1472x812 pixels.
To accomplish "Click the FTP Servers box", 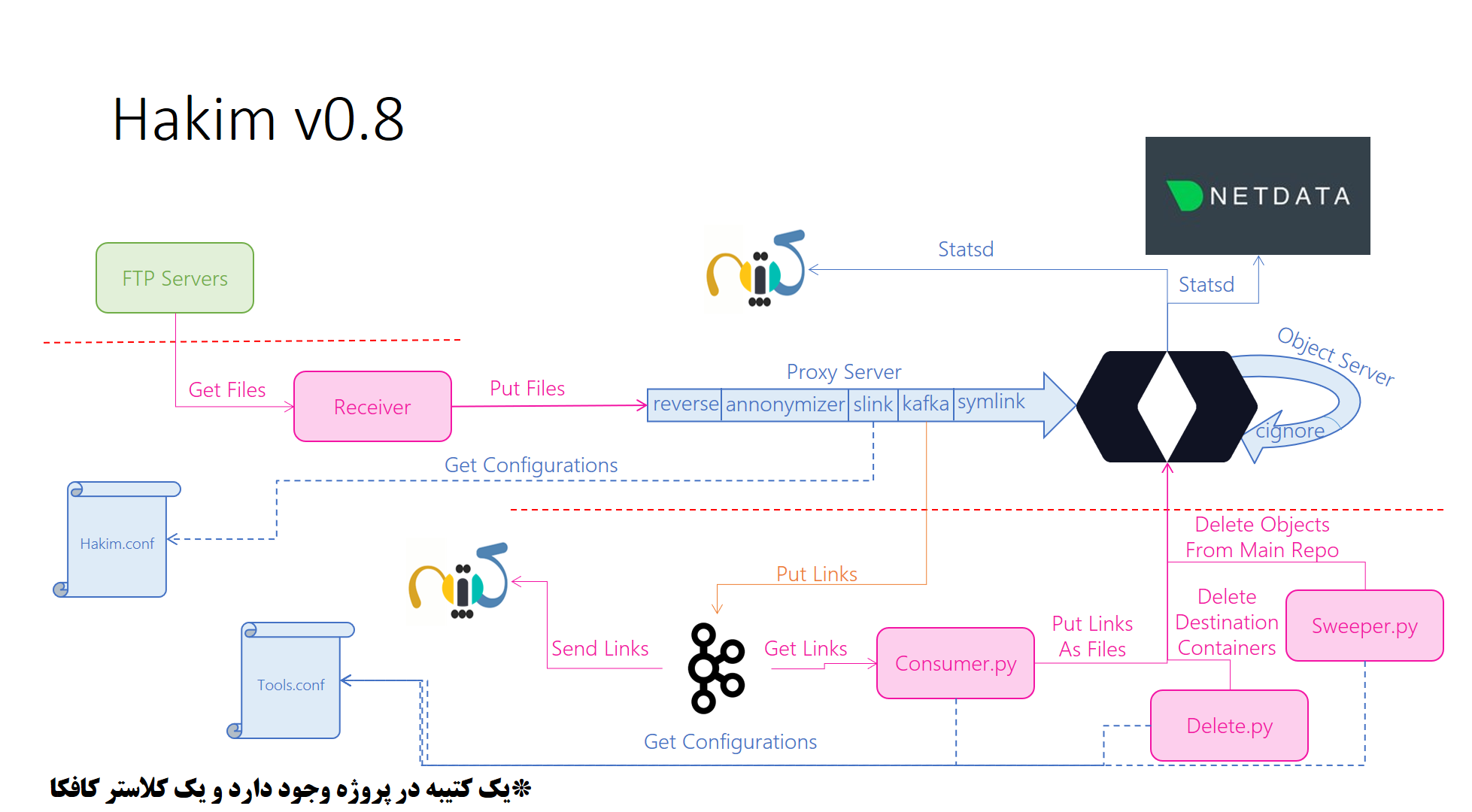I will [175, 278].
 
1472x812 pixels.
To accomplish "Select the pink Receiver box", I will [372, 407].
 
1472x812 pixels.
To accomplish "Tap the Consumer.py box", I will [955, 663].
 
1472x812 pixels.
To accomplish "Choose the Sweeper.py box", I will [1364, 626].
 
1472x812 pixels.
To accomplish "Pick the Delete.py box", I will [1229, 726].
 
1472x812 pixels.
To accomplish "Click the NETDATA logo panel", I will [1258, 195].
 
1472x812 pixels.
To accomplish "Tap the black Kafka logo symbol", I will [715, 668].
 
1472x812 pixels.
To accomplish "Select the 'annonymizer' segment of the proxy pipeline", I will [785, 404].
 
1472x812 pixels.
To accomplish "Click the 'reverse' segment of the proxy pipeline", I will [685, 404].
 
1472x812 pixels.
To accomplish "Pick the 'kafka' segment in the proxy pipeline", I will [925, 404].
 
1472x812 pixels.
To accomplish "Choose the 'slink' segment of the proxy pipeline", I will [873, 404].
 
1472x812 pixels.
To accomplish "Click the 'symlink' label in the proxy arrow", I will [991, 401].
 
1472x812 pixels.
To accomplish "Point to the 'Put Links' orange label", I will [816, 574].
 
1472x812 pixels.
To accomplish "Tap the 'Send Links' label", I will [599, 648].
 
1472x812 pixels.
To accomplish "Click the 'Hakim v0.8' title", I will [258, 120].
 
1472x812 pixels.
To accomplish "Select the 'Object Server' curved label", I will [1336, 356].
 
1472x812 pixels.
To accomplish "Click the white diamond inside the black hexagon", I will [1167, 406].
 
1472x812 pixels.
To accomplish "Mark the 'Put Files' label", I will [527, 388].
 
